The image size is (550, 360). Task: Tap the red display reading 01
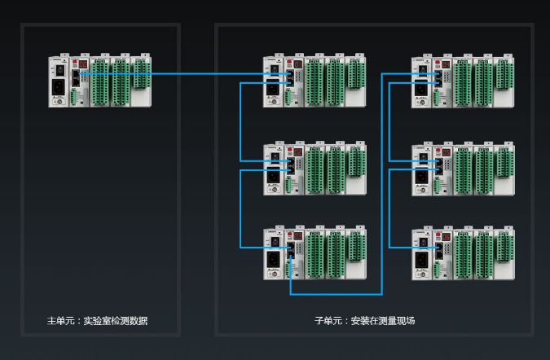[297, 64]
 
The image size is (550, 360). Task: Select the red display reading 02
[297, 151]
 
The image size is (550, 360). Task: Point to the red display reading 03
[297, 236]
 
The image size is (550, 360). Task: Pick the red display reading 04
[446, 64]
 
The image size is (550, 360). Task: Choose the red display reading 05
[446, 151]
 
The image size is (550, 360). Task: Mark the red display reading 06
[446, 236]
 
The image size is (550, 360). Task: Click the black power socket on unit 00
[59, 87]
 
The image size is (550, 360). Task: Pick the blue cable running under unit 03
[334, 293]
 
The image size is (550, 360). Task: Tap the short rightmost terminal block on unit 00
[142, 74]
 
